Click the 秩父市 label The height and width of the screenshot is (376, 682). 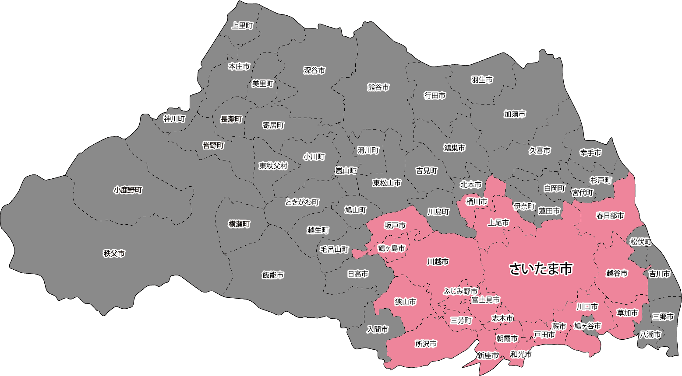point(114,254)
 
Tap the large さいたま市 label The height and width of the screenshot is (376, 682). point(541,268)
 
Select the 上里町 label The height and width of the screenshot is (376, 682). point(242,26)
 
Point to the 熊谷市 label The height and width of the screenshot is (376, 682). point(378,87)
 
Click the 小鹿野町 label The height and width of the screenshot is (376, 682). point(128,190)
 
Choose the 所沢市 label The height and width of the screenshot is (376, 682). point(426,344)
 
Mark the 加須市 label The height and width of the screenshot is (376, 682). point(515,114)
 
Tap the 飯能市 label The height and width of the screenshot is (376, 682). point(273,275)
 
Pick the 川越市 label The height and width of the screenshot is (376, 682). point(438,262)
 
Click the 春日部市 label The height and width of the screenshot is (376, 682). point(610,216)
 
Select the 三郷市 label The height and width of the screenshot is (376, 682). point(663,317)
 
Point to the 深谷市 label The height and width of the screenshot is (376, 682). point(314,70)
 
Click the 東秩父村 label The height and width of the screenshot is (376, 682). point(273,166)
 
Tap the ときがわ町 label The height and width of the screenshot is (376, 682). point(302,202)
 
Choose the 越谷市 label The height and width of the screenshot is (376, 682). point(617,273)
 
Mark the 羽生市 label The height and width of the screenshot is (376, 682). point(482,80)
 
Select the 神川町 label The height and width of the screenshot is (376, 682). point(174,119)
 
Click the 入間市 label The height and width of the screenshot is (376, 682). point(378,329)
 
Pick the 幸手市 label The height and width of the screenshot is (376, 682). point(590,153)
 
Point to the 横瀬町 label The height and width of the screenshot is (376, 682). point(239,224)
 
